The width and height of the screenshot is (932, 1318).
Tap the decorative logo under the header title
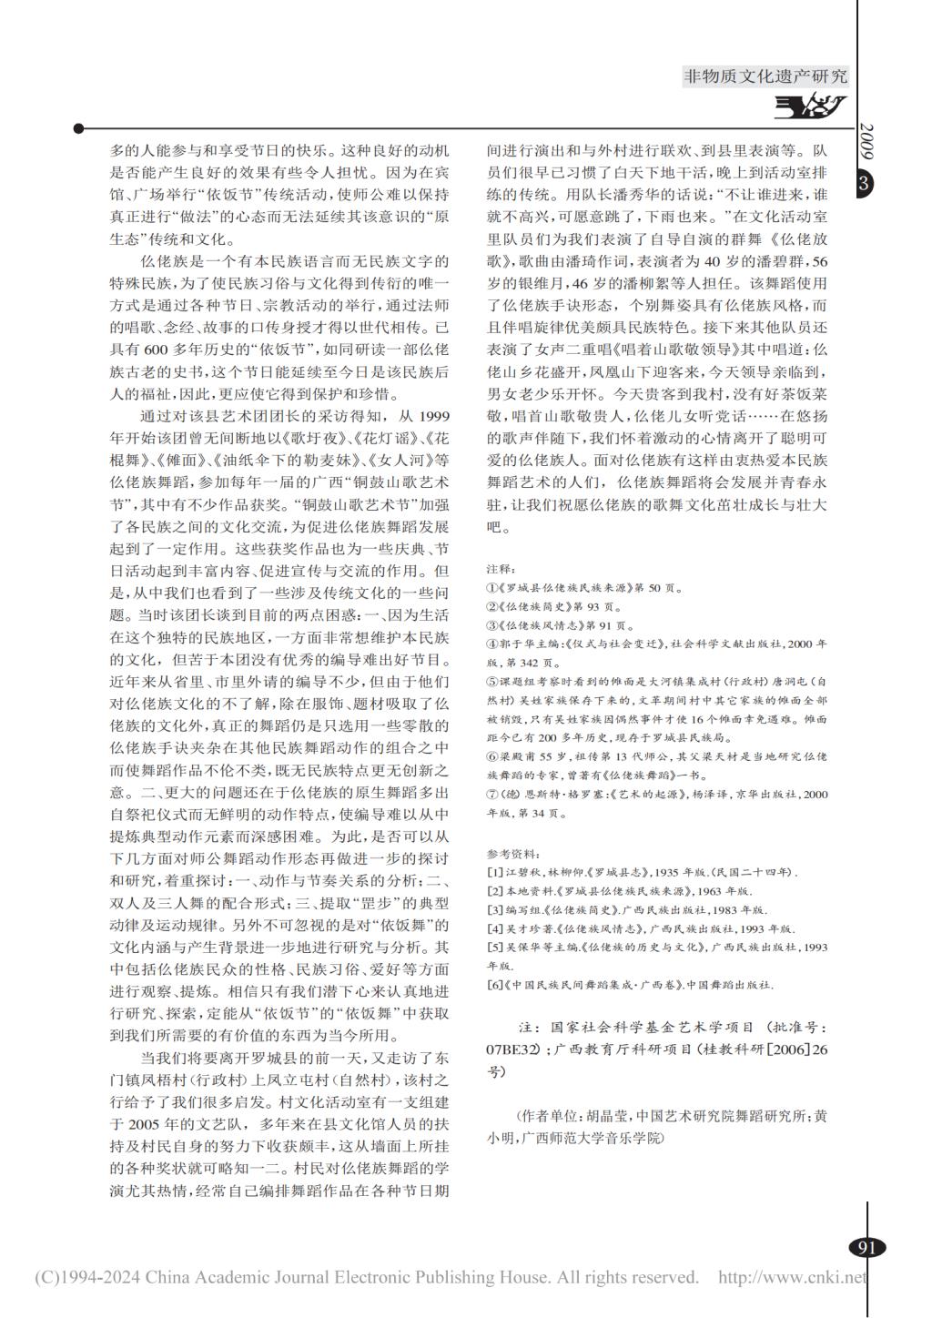point(808,108)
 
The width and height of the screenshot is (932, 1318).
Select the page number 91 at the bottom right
point(866,1247)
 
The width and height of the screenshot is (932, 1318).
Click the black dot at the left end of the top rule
point(79,129)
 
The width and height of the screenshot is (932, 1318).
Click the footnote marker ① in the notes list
point(492,588)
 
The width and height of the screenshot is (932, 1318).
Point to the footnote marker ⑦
point(492,794)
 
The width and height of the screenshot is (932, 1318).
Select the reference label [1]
point(495,873)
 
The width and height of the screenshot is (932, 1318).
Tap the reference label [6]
point(495,984)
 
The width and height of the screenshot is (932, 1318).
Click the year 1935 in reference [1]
point(679,873)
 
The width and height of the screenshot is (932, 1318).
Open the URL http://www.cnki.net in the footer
point(793,1278)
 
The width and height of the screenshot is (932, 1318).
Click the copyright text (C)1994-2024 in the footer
point(86,1278)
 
